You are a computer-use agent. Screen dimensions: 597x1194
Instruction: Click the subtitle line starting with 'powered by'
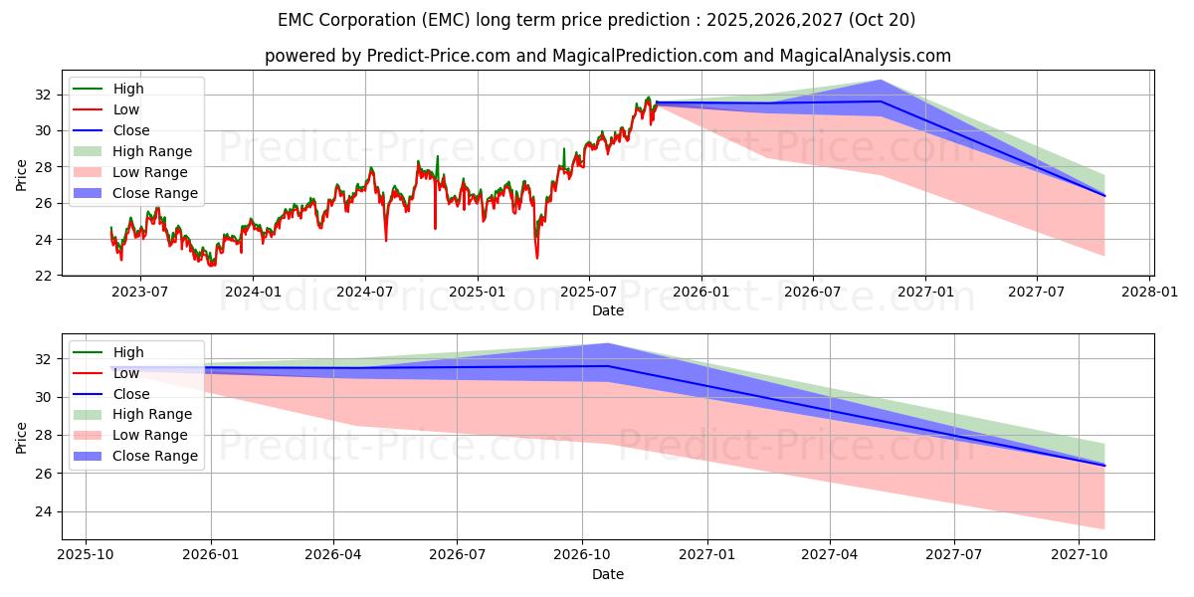pyautogui.click(x=607, y=56)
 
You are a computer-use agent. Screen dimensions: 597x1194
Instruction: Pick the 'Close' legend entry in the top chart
pyautogui.click(x=131, y=130)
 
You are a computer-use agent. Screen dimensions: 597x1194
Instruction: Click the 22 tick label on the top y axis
pyautogui.click(x=44, y=276)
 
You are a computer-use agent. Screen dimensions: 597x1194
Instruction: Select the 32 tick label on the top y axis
pyautogui.click(x=44, y=96)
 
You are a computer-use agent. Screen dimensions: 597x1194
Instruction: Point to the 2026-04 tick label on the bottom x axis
pyautogui.click(x=333, y=554)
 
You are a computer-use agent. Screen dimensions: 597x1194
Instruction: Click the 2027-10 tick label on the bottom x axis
pyautogui.click(x=1080, y=554)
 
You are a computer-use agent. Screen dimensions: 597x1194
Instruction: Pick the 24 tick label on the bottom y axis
pyautogui.click(x=44, y=511)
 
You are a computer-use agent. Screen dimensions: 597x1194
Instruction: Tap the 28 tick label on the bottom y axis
pyautogui.click(x=44, y=435)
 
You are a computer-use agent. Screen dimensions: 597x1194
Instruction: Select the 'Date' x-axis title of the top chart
pyautogui.click(x=607, y=310)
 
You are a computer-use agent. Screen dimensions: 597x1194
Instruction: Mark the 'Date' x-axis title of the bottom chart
pyautogui.click(x=607, y=574)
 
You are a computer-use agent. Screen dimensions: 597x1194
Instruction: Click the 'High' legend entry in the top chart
pyautogui.click(x=128, y=89)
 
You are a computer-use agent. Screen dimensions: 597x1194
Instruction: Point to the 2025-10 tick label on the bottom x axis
pyautogui.click(x=86, y=554)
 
